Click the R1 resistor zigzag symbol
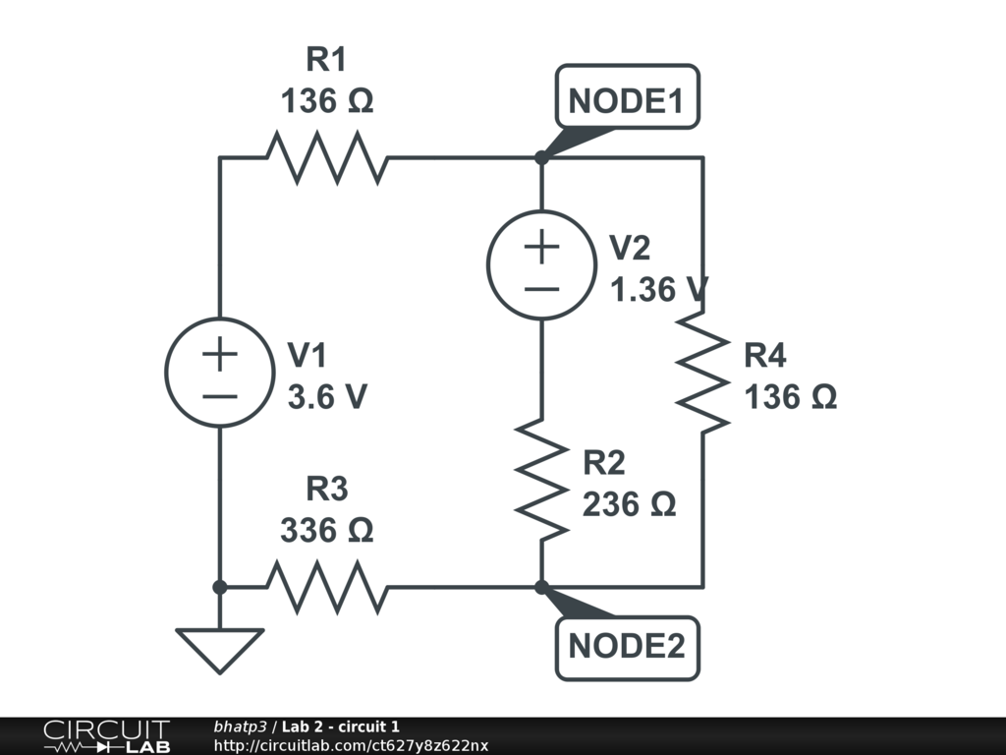pyautogui.click(x=327, y=157)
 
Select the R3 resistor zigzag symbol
pyautogui.click(x=327, y=587)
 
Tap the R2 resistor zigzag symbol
pyautogui.click(x=541, y=479)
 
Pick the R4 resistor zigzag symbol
pyautogui.click(x=702, y=372)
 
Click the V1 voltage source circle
pyautogui.click(x=220, y=373)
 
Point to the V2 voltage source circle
pyautogui.click(x=541, y=264)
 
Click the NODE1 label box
pyautogui.click(x=627, y=97)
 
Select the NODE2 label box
pyautogui.click(x=627, y=648)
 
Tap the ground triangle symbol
pyautogui.click(x=220, y=649)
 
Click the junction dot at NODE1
pyautogui.click(x=541, y=157)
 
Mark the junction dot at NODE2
pyautogui.click(x=541, y=587)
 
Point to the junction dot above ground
pyautogui.click(x=220, y=587)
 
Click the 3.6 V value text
pyautogui.click(x=327, y=397)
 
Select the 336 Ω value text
pyautogui.click(x=327, y=531)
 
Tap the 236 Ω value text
pyautogui.click(x=629, y=504)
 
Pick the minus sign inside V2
pyautogui.click(x=541, y=288)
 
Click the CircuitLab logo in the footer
pyautogui.click(x=105, y=736)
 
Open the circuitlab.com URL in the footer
pyautogui.click(x=351, y=746)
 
